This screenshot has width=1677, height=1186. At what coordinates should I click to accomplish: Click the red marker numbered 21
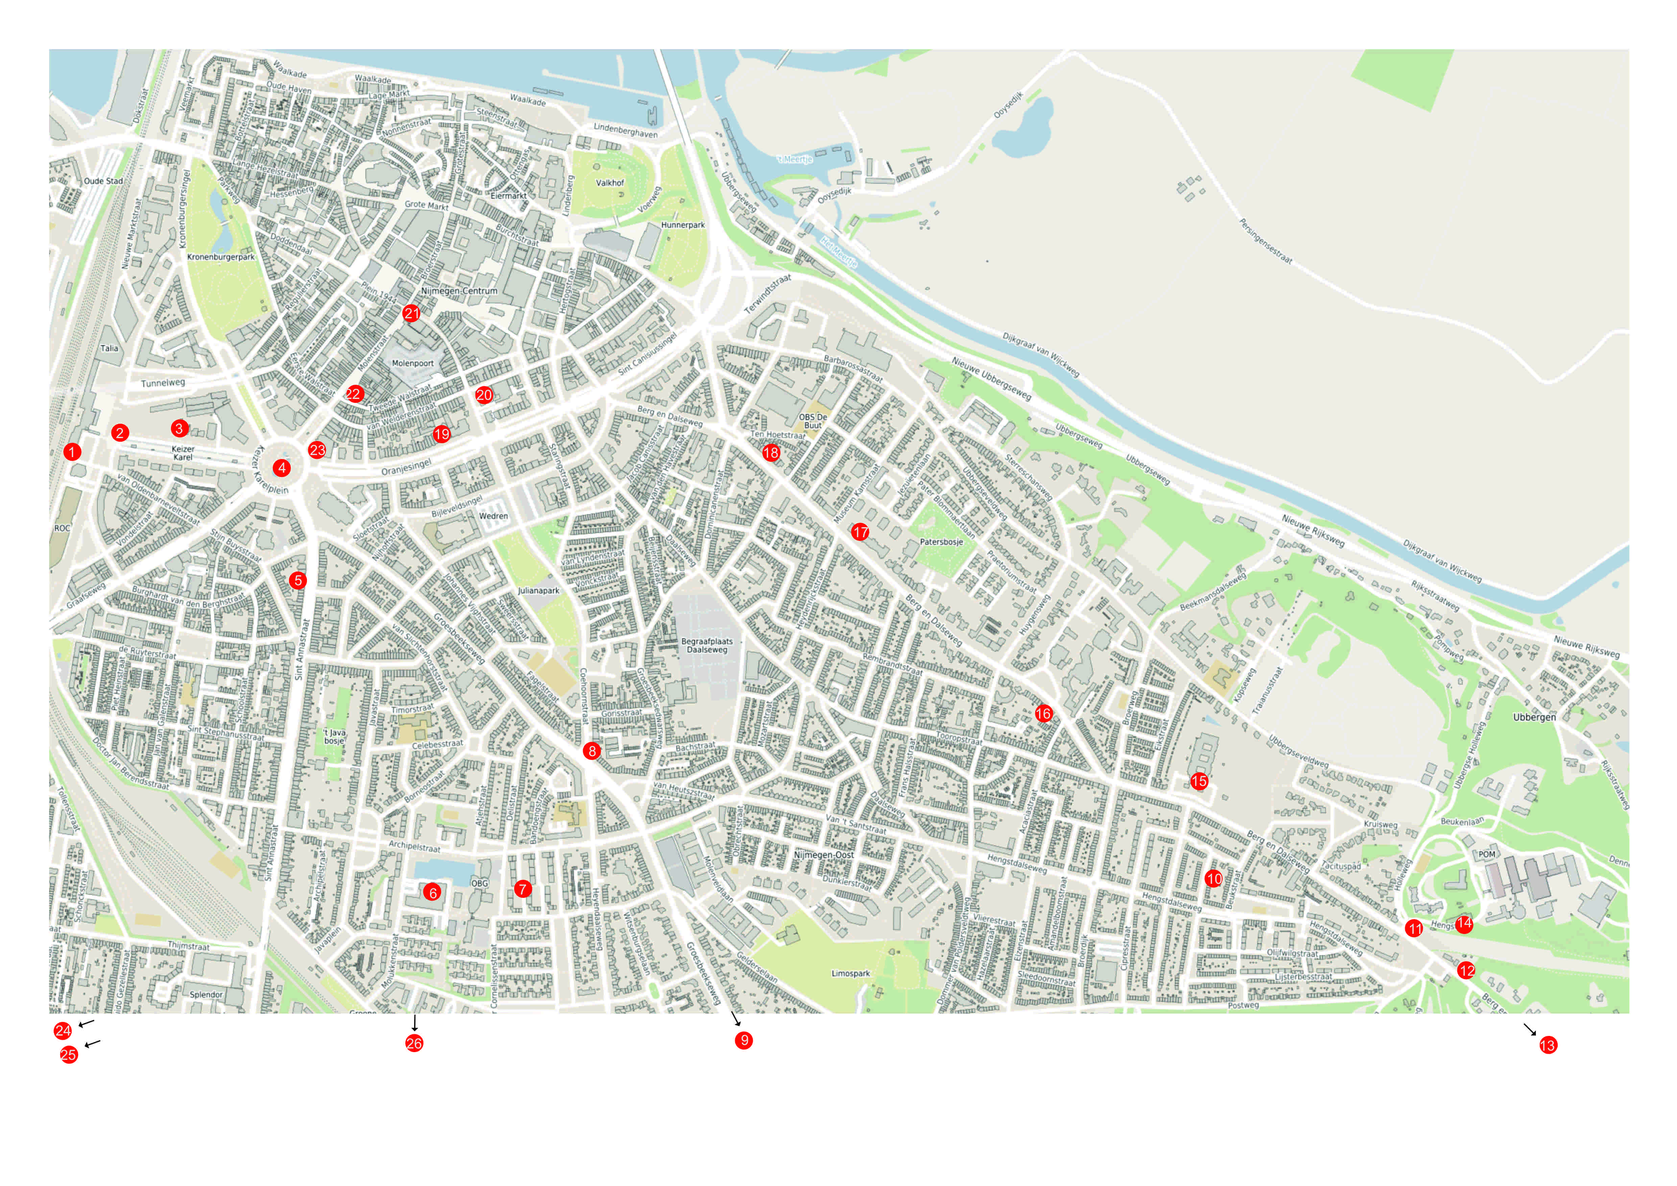(411, 313)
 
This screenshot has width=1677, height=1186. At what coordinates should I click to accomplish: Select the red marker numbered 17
(860, 532)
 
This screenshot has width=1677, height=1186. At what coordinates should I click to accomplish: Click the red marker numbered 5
(297, 580)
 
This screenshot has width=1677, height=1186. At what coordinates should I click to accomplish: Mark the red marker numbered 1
(72, 452)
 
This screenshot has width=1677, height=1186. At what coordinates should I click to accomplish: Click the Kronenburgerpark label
(221, 257)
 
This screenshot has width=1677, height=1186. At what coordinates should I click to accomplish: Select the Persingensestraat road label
(1265, 241)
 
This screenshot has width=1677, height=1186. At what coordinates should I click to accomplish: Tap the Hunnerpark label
(683, 225)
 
